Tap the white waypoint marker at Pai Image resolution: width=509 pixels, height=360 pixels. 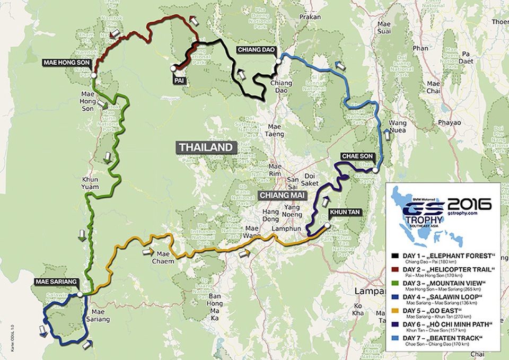coord(173,68)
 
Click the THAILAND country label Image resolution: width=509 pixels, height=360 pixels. coord(206,147)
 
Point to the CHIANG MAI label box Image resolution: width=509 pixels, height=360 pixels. coord(280,195)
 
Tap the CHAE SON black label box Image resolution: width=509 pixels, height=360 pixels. coord(358,156)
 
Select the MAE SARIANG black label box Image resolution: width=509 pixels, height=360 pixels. coord(57,281)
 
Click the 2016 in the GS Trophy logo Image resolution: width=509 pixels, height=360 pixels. coord(469,204)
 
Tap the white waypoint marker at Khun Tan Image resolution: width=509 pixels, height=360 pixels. coord(328,226)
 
